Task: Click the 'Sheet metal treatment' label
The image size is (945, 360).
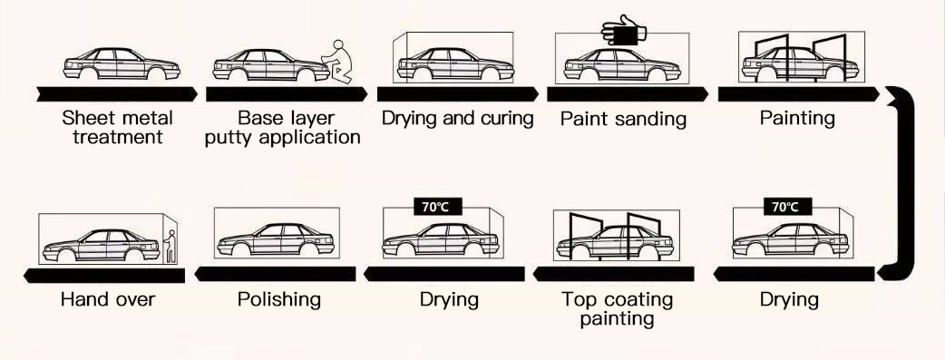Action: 117,128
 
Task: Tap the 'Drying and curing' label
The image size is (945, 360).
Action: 457,118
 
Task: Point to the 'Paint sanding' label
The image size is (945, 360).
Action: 622,119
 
